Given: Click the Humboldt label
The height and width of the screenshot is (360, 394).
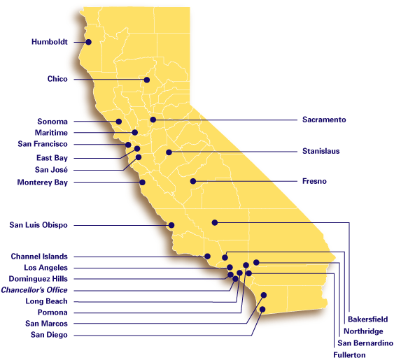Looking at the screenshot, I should point(50,42).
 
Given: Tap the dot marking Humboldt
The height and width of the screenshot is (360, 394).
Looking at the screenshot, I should point(90,42).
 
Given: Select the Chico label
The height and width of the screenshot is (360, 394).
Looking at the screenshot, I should point(57,80).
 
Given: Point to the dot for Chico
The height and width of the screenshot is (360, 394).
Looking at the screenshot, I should point(147,80).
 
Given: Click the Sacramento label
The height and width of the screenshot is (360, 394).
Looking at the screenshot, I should point(324,120).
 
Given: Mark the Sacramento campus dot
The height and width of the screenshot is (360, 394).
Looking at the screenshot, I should point(153,120).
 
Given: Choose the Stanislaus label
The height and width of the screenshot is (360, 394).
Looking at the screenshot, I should point(321,151).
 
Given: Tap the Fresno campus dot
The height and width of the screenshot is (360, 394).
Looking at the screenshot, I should point(194,181).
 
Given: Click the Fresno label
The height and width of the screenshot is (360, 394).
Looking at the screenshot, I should point(314,181).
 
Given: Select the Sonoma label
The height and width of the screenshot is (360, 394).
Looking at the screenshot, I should point(52,122).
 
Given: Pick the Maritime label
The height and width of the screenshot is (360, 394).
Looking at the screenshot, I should point(51,132).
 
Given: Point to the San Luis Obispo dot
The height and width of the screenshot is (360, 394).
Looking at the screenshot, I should point(171,225).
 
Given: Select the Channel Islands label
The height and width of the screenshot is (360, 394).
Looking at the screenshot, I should point(39,257).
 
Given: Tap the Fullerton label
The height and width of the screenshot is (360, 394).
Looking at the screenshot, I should point(350,355).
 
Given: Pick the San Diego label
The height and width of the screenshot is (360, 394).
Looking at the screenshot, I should point(50,335).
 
